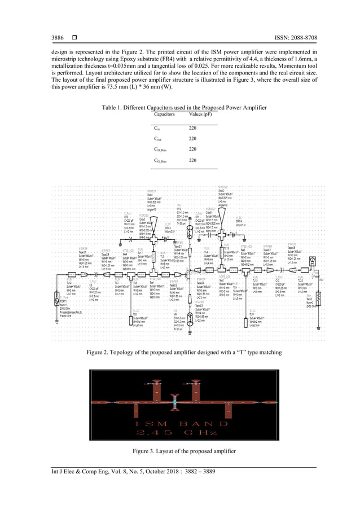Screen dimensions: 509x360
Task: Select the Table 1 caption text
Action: [179, 107]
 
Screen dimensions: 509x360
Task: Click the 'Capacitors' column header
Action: [164, 114]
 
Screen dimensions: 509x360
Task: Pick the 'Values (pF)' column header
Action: [200, 114]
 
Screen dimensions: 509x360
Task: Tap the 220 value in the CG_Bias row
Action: [192, 161]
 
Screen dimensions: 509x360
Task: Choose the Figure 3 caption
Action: [179, 451]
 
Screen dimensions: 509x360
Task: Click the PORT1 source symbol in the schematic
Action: [57, 296]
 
